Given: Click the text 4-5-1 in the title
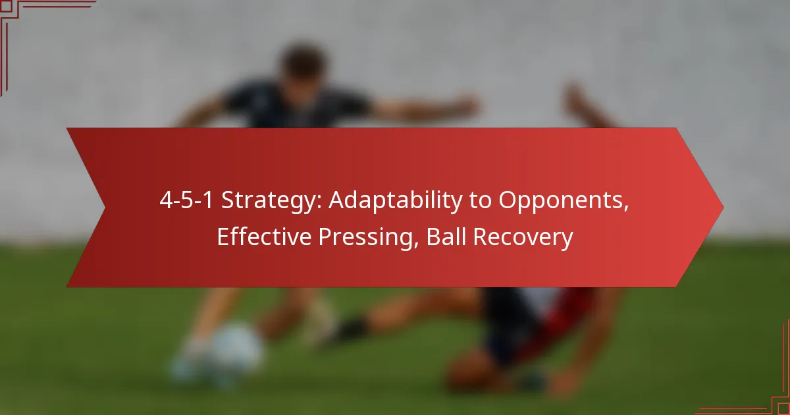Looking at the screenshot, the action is click(x=186, y=200).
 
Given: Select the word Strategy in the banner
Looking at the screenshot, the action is click(x=271, y=201).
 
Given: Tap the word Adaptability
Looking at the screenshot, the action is click(x=396, y=201).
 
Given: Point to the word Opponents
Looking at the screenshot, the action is click(x=564, y=201).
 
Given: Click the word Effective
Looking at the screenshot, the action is click(x=264, y=236).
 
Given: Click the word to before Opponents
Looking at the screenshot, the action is click(x=481, y=201).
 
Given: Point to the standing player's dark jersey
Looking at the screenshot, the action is click(x=296, y=106).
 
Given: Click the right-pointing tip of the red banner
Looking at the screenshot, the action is click(x=723, y=207).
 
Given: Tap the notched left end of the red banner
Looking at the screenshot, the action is click(x=105, y=207).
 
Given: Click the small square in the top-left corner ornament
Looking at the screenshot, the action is click(x=6, y=6).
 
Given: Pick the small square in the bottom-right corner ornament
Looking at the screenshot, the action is click(x=784, y=409).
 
